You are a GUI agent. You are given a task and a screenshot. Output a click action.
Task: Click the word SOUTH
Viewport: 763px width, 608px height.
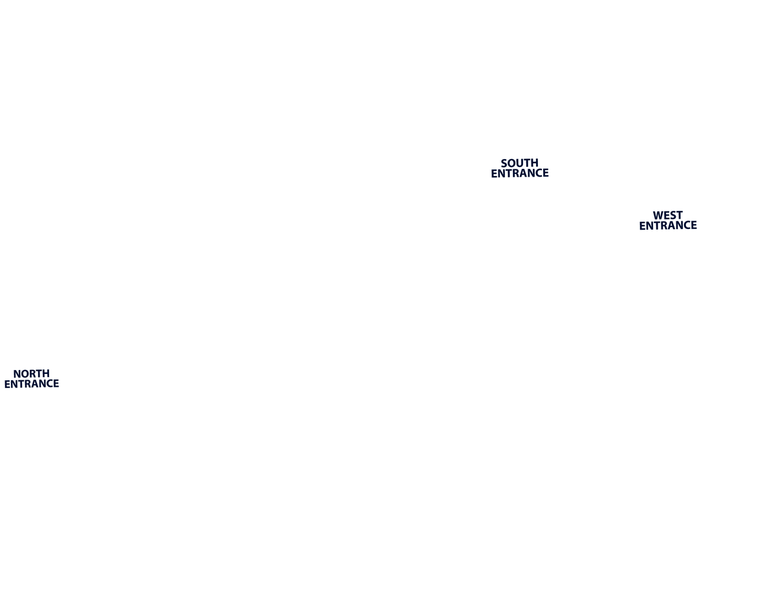coord(519,163)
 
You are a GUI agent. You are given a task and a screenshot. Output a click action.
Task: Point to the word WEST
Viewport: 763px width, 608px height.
coord(668,215)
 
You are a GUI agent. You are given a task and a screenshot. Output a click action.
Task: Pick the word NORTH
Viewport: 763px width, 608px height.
coord(31,373)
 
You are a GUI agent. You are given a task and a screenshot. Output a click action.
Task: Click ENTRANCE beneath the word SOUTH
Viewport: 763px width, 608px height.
coord(520,173)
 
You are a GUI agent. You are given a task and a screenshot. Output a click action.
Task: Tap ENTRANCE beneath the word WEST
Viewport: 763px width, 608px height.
coord(668,226)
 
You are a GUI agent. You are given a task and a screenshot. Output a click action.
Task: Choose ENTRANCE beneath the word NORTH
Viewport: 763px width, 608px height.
coord(31,384)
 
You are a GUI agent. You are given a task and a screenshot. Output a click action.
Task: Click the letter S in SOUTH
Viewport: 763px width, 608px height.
coord(504,163)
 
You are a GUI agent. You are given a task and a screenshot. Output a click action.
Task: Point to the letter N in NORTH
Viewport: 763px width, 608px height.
coord(17,373)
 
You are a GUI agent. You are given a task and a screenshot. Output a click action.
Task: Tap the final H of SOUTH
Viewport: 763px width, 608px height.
coord(535,163)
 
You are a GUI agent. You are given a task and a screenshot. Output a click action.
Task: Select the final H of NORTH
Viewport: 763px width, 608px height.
coord(46,373)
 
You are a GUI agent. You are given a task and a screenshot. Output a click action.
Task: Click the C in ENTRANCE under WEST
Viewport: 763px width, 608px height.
coord(683,226)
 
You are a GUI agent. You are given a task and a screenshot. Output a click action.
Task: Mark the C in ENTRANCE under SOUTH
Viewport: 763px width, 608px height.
coord(535,173)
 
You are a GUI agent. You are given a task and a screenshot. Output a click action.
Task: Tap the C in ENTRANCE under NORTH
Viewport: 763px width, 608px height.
coord(47,384)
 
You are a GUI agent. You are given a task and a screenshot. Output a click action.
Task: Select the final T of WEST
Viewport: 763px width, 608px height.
coord(679,215)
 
